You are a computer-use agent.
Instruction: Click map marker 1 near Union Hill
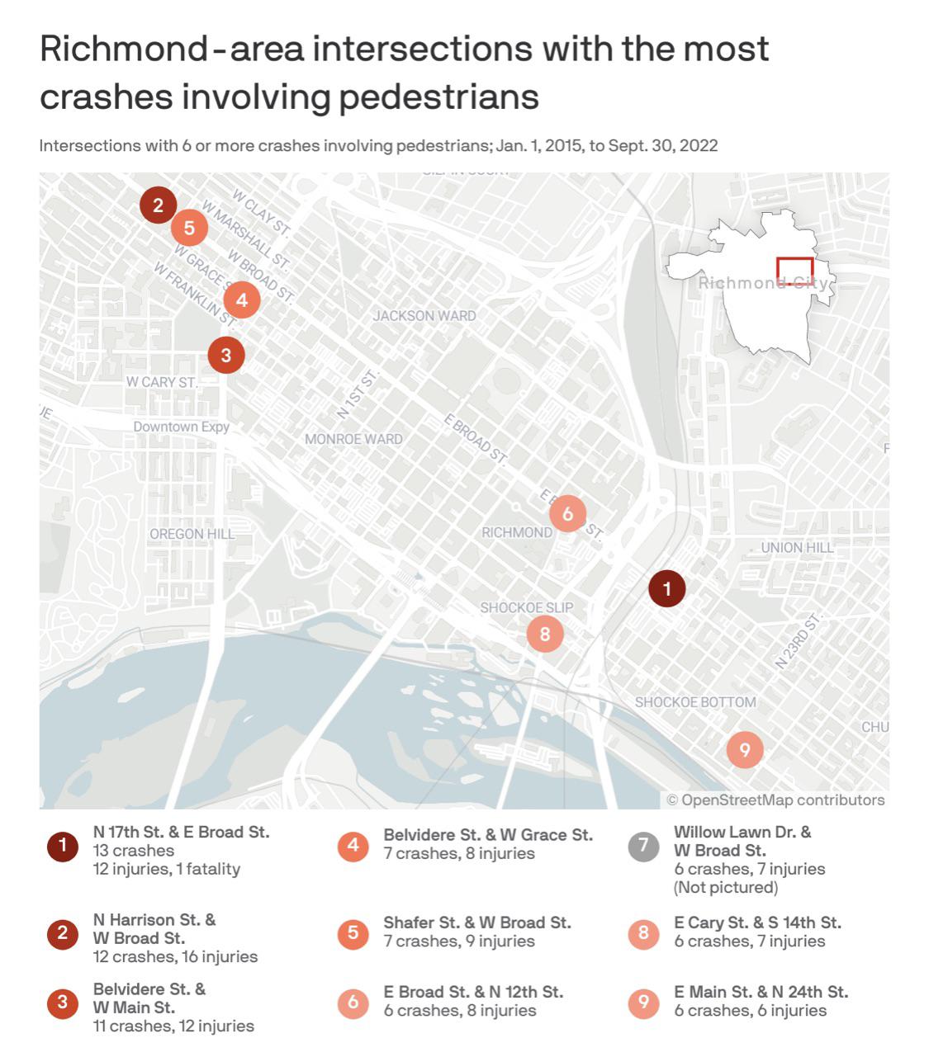667,589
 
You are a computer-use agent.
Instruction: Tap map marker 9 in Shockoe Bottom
745,750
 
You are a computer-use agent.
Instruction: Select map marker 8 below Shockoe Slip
545,634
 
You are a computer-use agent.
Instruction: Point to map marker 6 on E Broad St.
567,514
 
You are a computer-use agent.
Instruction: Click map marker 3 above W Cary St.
226,356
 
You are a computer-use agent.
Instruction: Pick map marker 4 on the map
242,300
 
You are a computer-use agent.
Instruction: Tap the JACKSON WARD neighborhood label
424,315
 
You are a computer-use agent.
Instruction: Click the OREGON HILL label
192,534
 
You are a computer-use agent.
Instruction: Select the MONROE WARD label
353,439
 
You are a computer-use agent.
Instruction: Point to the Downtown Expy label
182,427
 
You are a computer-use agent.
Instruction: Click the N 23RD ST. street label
799,640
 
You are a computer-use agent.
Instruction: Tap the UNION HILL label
797,547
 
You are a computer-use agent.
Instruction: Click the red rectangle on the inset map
794,271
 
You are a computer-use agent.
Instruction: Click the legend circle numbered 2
62,934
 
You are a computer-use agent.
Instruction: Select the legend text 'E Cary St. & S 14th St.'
757,923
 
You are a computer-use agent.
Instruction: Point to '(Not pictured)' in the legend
726,887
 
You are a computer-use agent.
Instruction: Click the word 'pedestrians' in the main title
438,97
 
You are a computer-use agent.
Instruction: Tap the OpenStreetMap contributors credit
775,800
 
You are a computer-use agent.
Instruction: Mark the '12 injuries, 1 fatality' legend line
166,869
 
